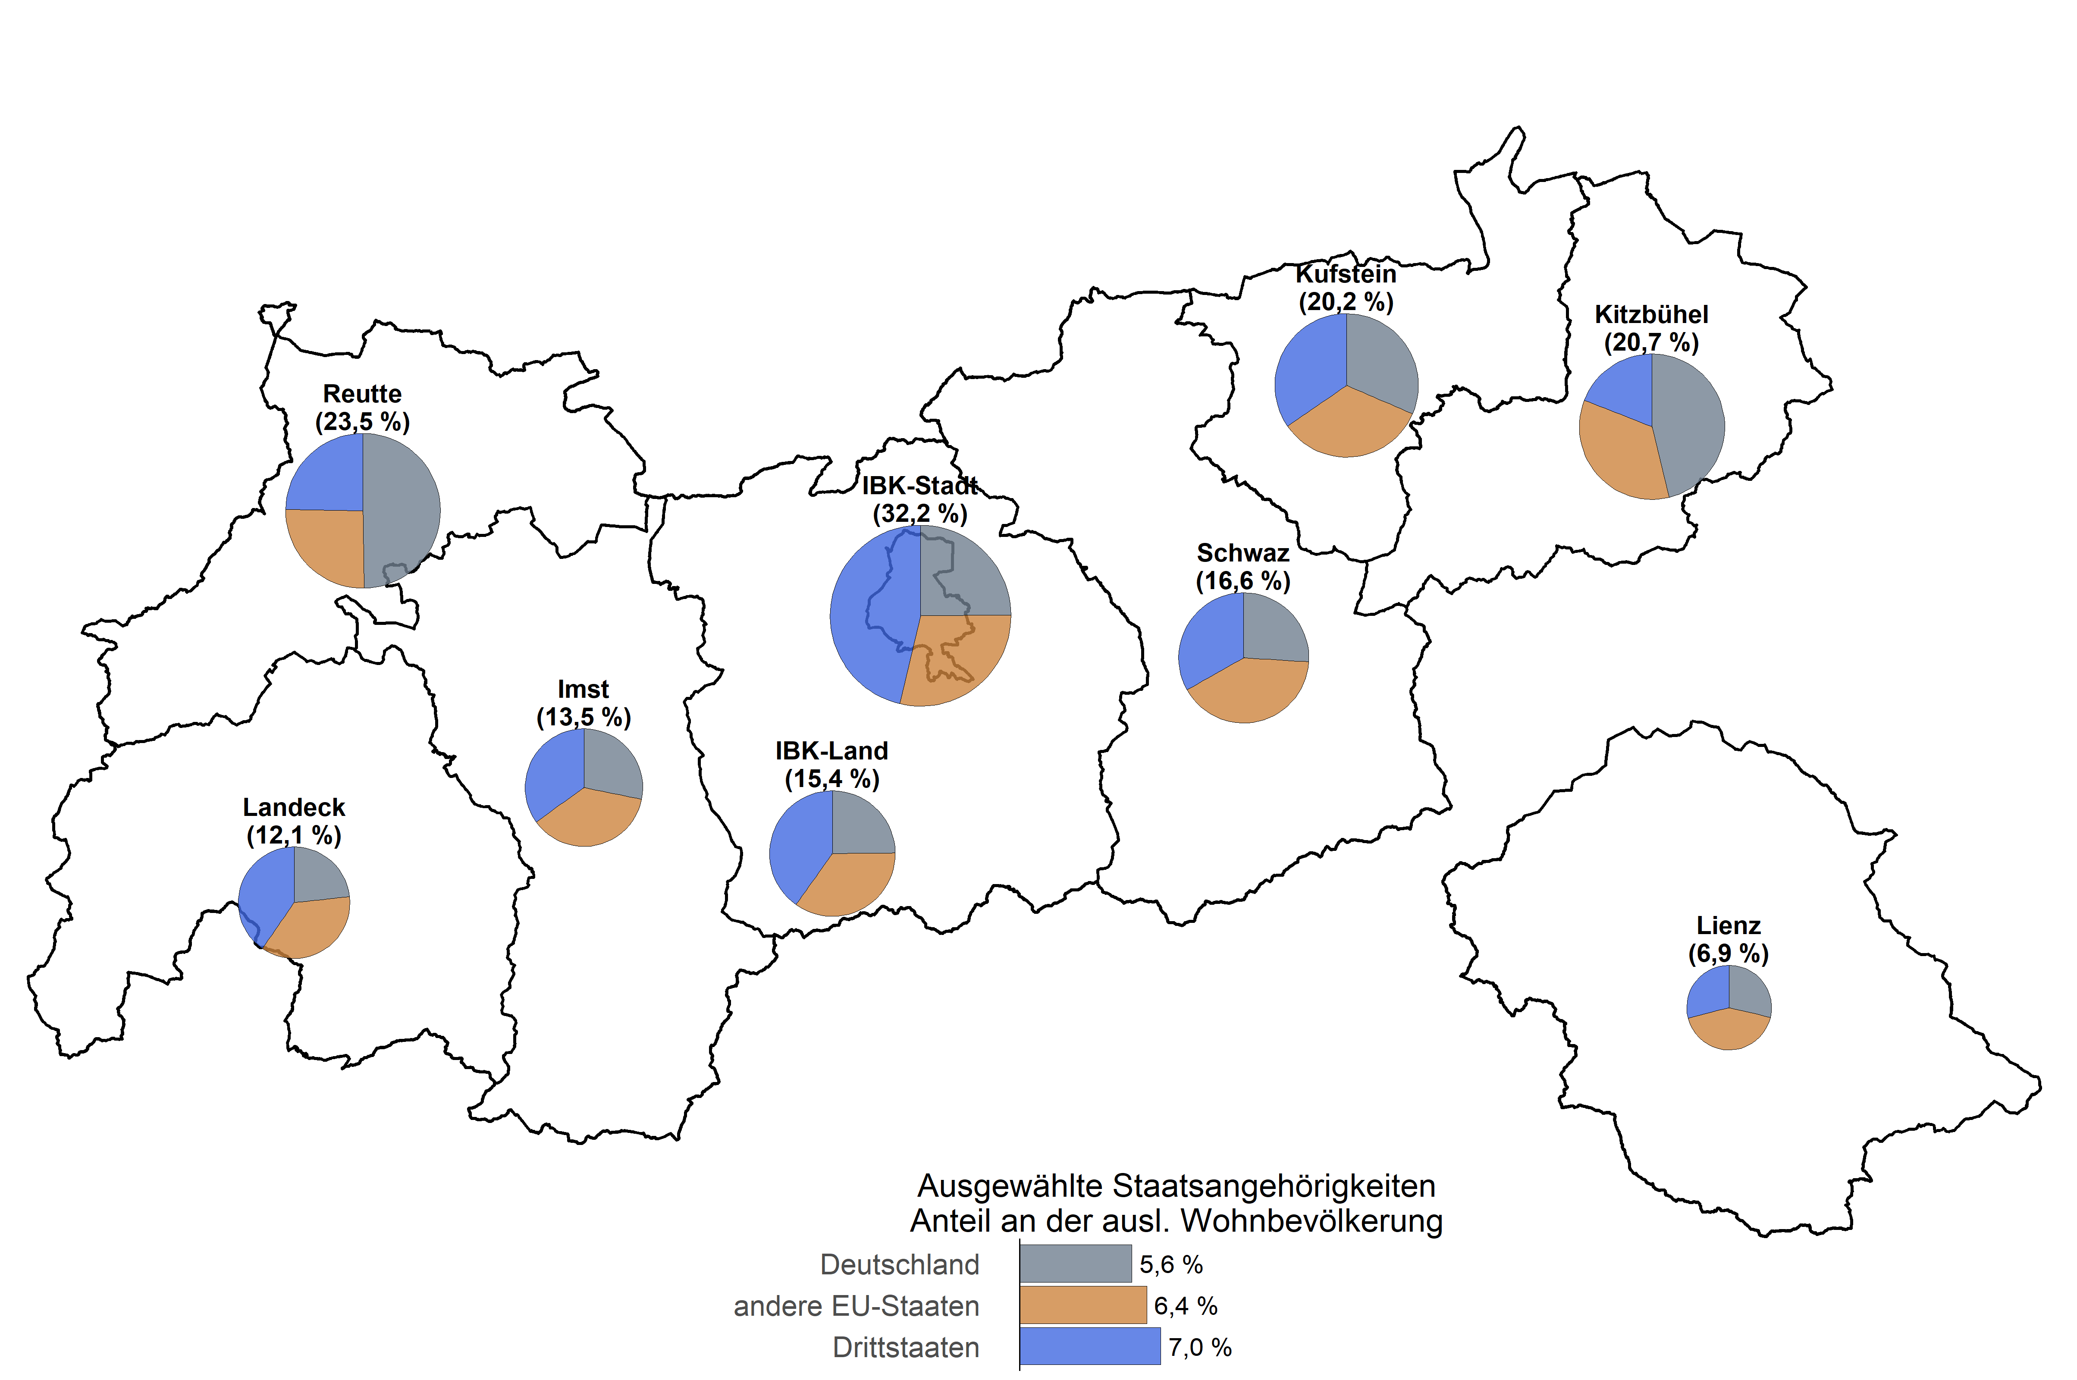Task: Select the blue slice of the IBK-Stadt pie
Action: pyautogui.click(x=867, y=616)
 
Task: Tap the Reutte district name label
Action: pyautogui.click(x=362, y=393)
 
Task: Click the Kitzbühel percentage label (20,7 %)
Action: pyautogui.click(x=1651, y=342)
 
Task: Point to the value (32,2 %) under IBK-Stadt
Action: pyautogui.click(x=920, y=513)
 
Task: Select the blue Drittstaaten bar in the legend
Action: pyautogui.click(x=1089, y=1346)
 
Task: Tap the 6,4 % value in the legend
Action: pyautogui.click(x=1186, y=1306)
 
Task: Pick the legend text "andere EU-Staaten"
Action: pyautogui.click(x=856, y=1306)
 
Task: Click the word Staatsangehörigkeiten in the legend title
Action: pyautogui.click(x=1274, y=1186)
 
